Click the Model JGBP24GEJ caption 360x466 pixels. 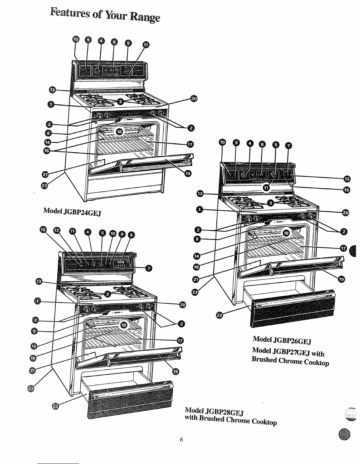coord(72,211)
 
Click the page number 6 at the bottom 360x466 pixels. coord(181,440)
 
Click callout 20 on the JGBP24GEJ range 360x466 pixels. coord(194,99)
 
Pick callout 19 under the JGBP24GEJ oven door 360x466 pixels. coord(187,173)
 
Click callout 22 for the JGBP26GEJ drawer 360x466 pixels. coord(219,315)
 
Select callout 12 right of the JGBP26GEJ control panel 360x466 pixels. coord(347,179)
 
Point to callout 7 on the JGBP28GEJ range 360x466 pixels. coord(149,268)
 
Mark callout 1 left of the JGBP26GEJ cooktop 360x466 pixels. coord(199,209)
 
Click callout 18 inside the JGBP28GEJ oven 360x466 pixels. coord(124,325)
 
